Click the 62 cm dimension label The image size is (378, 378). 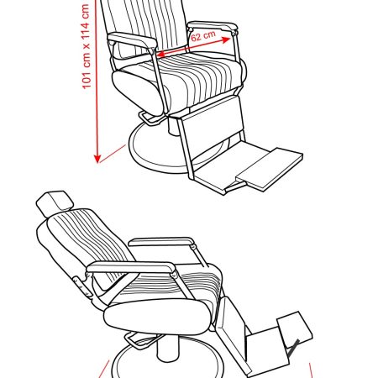[203, 35]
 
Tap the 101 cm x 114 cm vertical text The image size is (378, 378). [86, 46]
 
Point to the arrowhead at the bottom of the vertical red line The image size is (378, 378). [97, 158]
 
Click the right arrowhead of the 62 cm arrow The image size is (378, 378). [226, 39]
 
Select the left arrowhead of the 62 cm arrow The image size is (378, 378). [161, 54]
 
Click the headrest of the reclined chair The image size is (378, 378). [55, 203]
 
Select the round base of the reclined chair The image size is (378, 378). [167, 361]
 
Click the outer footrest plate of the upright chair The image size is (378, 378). [270, 169]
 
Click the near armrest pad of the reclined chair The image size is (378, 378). [131, 267]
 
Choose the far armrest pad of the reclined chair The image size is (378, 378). [161, 242]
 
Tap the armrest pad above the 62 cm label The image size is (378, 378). [213, 26]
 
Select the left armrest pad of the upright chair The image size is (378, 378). [132, 39]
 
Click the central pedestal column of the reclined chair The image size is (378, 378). [168, 348]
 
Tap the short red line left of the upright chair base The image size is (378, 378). [113, 154]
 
